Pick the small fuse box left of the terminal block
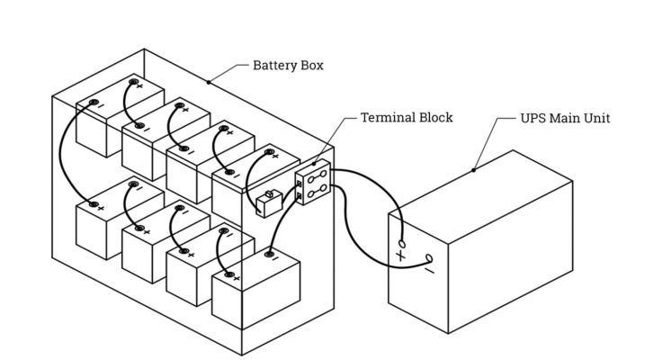(x=269, y=204)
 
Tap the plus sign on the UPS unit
(x=400, y=256)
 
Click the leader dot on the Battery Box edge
(x=209, y=83)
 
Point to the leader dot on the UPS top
(x=473, y=168)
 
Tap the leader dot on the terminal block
(x=315, y=163)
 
